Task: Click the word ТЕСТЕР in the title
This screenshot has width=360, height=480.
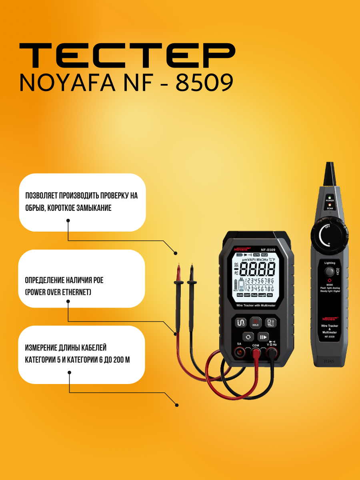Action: [x=127, y=57]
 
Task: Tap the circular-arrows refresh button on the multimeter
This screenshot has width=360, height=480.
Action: [x=248, y=337]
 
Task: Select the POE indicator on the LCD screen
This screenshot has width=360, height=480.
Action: [x=270, y=295]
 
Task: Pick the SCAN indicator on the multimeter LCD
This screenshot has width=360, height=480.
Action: [x=240, y=295]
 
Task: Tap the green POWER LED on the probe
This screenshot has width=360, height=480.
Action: [x=330, y=198]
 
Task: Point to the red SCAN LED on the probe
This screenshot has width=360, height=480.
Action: [x=330, y=204]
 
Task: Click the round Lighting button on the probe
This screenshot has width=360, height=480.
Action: [x=329, y=272]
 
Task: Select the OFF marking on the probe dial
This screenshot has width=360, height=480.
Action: [x=327, y=227]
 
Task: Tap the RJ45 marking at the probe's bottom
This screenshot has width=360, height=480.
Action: [x=329, y=361]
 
